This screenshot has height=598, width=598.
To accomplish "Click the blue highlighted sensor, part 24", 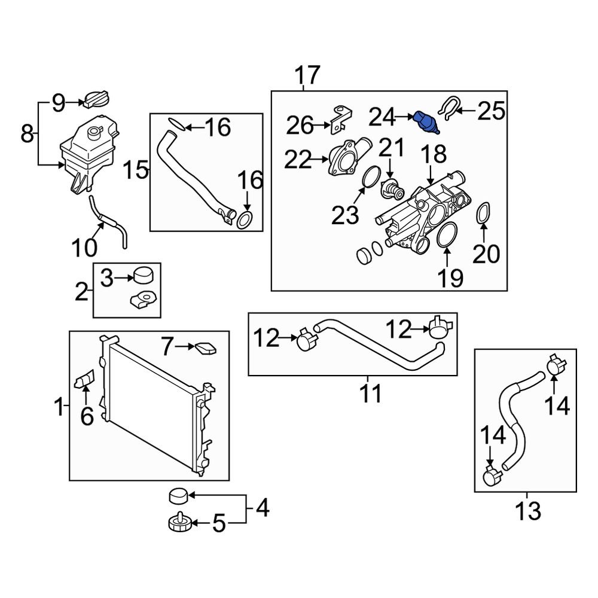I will pos(425,121).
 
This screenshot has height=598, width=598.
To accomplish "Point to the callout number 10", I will pos(84,246).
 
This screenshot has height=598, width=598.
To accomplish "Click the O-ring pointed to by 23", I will pos(371,178).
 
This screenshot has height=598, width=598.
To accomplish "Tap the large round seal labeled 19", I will pos(446,237).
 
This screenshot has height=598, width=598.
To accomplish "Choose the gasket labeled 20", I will pos(485,216).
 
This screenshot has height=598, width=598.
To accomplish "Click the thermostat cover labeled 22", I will pos(347,158).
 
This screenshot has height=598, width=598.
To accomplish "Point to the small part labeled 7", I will pos(205,348).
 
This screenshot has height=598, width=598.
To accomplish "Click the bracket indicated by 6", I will pos(84,380).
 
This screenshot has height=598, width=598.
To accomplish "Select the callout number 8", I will pos(27,133).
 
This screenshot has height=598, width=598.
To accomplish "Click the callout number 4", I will pos(262,509).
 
